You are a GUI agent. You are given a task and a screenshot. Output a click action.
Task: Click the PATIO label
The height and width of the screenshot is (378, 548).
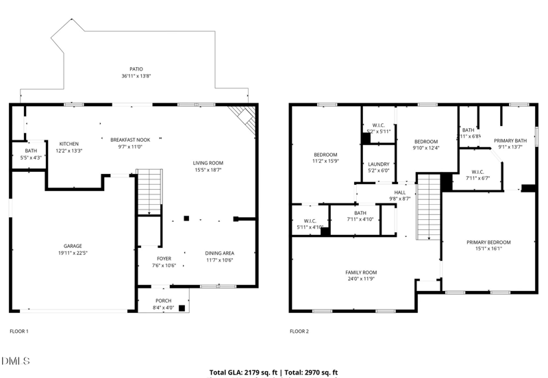pyautogui.click(x=136, y=69)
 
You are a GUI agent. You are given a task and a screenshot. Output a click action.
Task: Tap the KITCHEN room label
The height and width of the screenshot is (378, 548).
pyautogui.click(x=68, y=144)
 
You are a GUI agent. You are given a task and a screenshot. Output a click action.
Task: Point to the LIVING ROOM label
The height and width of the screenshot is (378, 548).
pyautogui.click(x=208, y=163)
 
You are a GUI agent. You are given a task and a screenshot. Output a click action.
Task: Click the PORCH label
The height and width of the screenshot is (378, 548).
pyautogui.click(x=164, y=301)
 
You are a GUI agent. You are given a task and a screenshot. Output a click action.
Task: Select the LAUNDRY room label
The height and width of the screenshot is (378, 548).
pyautogui.click(x=378, y=164)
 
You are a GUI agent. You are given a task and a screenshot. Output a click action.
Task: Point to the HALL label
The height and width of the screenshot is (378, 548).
pyautogui.click(x=400, y=192)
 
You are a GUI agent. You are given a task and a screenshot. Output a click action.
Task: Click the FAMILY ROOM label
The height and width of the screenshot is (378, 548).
pyautogui.click(x=361, y=273)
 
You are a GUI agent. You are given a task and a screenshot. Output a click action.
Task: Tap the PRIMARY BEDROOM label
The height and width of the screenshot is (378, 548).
pyautogui.click(x=488, y=242)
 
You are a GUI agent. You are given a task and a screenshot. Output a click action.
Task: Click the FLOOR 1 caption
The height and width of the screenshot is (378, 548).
pyautogui.click(x=18, y=331)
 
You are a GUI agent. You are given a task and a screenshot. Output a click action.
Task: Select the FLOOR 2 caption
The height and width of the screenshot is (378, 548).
pyautogui.click(x=299, y=331)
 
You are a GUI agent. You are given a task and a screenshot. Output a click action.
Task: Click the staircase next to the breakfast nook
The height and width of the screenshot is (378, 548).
pyautogui.click(x=148, y=192)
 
